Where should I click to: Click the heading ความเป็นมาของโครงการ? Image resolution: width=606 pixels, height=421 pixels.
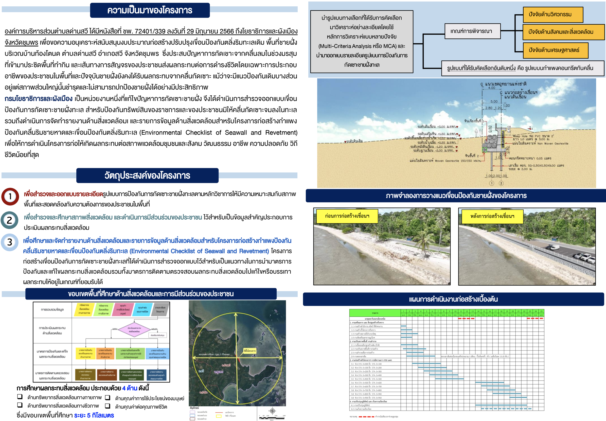pyautogui.click(x=150, y=10)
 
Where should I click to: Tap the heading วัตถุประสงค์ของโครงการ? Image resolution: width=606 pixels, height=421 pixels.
pyautogui.click(x=147, y=176)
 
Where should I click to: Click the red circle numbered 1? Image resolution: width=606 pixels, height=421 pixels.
pyautogui.click(x=10, y=197)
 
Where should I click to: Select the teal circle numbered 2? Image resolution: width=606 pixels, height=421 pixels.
pyautogui.click(x=9, y=220)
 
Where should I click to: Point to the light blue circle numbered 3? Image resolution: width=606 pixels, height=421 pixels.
pyautogui.click(x=10, y=242)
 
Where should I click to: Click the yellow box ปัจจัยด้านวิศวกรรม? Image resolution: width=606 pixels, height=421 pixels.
pyautogui.click(x=552, y=14)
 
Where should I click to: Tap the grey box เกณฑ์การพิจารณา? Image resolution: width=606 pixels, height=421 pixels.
pyautogui.click(x=472, y=31)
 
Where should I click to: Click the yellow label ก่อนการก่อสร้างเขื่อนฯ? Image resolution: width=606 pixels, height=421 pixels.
pyautogui.click(x=347, y=216)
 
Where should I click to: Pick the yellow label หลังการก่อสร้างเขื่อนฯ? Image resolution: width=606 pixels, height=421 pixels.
pyautogui.click(x=492, y=216)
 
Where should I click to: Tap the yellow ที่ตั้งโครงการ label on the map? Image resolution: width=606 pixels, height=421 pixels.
pyautogui.click(x=249, y=351)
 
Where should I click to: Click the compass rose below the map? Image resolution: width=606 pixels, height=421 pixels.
pyautogui.click(x=272, y=411)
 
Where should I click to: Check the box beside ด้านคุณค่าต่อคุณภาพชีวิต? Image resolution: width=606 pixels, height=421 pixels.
pyautogui.click(x=108, y=406)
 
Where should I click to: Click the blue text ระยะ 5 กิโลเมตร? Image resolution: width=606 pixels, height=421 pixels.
pyautogui.click(x=94, y=415)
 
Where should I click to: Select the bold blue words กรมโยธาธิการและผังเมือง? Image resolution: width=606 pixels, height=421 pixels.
pyautogui.click(x=39, y=99)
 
